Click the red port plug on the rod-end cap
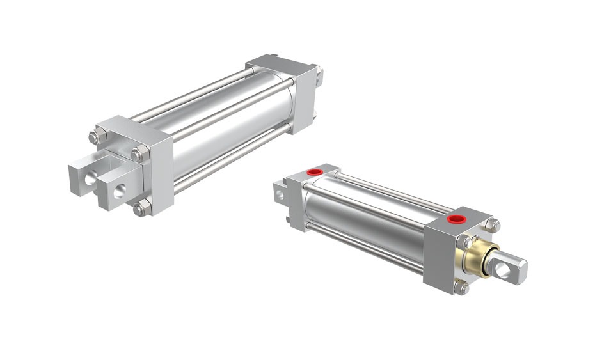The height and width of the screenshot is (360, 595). click(456, 220)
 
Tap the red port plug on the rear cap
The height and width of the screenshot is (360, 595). click(314, 172)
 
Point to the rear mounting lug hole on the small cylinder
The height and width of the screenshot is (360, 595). click(278, 190)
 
